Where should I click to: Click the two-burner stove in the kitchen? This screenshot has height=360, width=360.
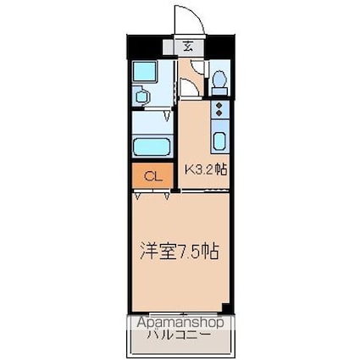(219, 109)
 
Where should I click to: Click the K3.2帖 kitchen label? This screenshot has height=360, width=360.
(207, 169)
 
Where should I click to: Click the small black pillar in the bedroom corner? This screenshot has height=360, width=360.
(226, 306)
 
